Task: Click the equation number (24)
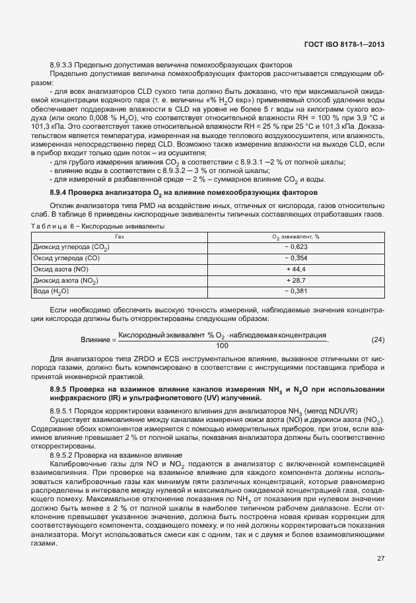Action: [378, 340]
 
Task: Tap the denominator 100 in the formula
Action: [221, 345]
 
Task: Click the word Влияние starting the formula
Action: [94, 340]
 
